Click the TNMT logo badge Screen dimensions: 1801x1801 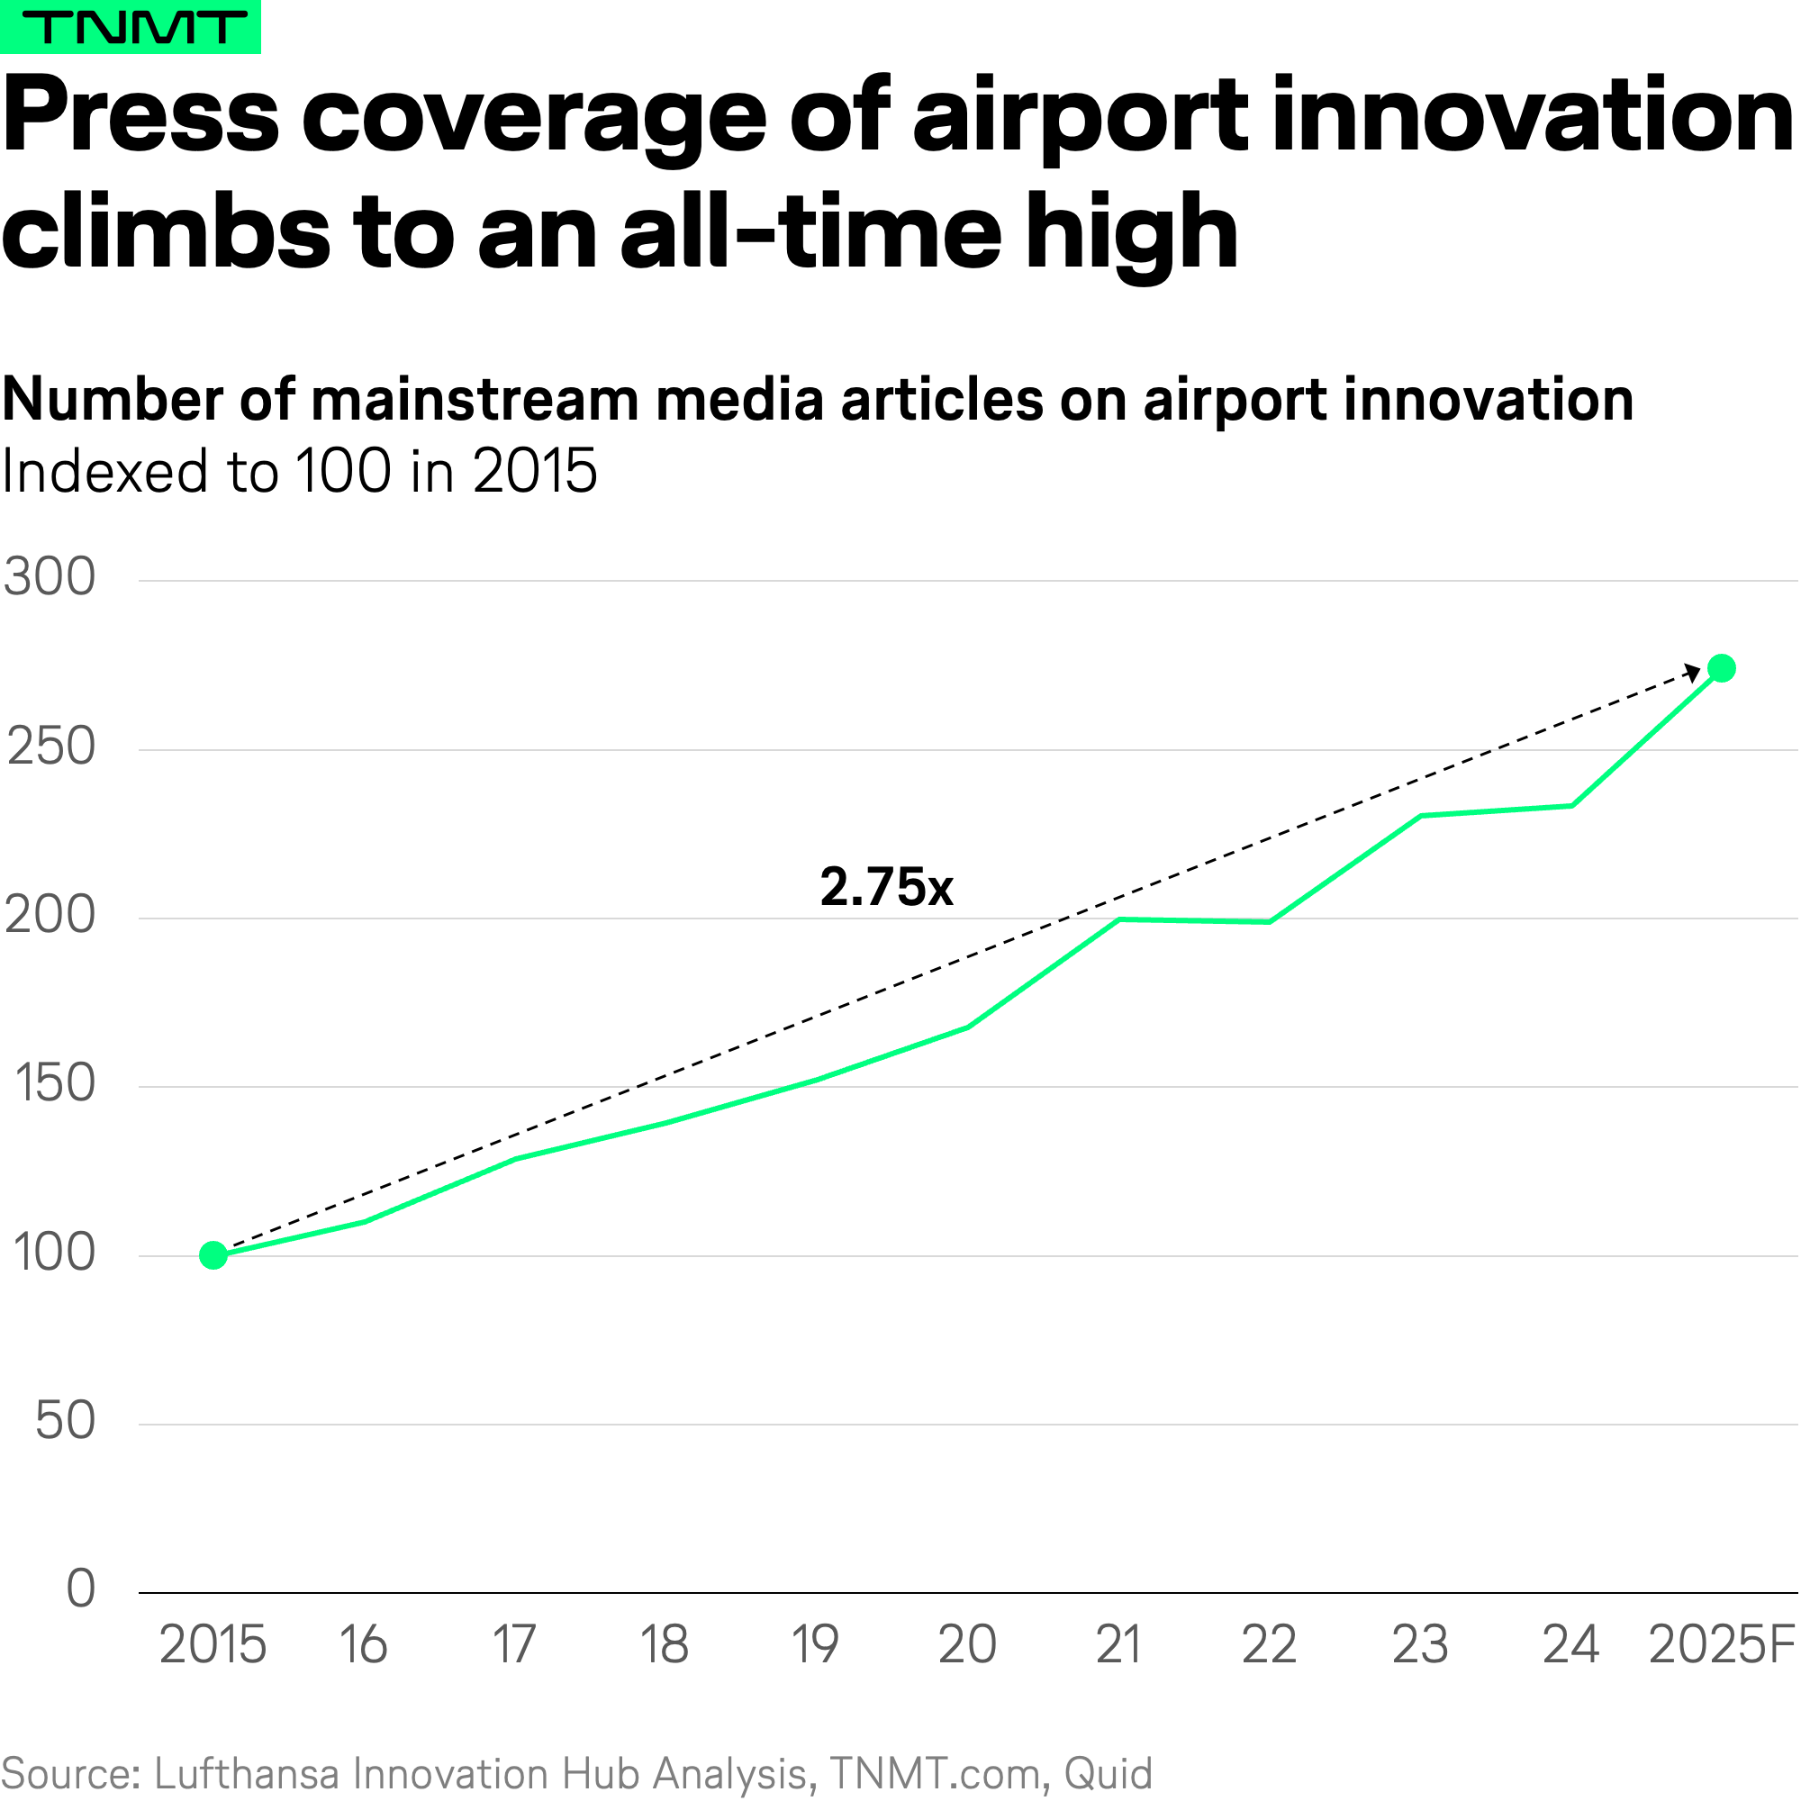(x=131, y=26)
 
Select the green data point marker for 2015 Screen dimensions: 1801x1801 (x=213, y=1255)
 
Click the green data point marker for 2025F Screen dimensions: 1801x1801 (x=1721, y=668)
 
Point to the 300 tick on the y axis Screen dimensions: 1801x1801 (x=50, y=577)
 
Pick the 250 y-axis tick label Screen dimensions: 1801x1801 (x=51, y=747)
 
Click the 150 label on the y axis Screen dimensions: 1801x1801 (x=55, y=1084)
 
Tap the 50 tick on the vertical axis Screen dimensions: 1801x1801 (x=65, y=1422)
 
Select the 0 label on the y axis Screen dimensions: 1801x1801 (x=81, y=1588)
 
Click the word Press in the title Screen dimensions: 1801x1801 (x=140, y=117)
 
